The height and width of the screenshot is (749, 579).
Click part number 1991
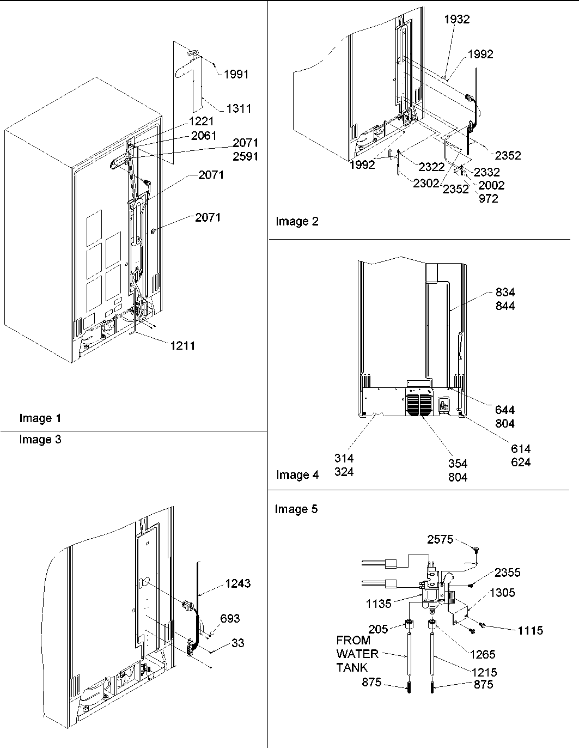236,74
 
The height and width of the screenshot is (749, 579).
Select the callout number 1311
239,108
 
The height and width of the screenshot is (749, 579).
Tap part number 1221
202,121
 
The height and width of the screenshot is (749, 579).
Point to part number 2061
204,136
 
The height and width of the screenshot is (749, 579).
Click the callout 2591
245,156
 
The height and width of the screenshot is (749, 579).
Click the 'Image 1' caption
40,418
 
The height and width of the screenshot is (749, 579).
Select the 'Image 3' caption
40,440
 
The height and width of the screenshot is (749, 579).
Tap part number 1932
456,19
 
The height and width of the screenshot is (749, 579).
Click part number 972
488,199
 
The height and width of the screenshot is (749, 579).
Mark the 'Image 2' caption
297,221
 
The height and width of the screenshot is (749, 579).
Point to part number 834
505,293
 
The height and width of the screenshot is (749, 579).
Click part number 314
344,459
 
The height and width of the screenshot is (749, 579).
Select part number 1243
237,583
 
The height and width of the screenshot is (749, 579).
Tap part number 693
230,618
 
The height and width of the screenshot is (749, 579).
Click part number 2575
440,539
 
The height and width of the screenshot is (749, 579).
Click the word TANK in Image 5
352,667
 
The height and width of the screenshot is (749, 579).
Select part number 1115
530,630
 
